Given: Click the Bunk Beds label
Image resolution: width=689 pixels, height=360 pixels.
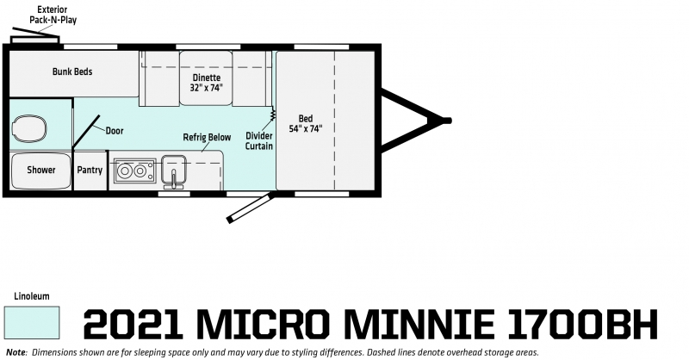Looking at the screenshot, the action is (x=72, y=71).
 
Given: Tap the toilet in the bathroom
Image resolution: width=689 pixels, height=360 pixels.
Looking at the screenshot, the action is (x=28, y=128).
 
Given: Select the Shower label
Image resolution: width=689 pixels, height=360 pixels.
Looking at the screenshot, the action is (x=40, y=170).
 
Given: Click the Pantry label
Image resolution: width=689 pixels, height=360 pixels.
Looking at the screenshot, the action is (x=90, y=171).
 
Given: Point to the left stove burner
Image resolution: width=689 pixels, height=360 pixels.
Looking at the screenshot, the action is (x=125, y=171).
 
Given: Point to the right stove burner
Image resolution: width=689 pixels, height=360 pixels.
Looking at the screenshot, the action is (x=140, y=171).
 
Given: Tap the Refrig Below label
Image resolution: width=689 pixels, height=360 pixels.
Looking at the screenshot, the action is (x=207, y=137).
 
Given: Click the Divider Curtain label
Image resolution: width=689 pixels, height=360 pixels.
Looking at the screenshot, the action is (x=259, y=141).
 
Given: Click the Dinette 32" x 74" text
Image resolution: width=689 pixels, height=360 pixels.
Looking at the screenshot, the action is (x=206, y=83).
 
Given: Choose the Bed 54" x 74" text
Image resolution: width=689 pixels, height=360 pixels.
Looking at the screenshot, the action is (x=306, y=123).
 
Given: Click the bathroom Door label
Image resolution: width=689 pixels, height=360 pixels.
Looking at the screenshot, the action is (x=115, y=131).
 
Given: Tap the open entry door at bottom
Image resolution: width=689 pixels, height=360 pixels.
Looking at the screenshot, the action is (x=251, y=208).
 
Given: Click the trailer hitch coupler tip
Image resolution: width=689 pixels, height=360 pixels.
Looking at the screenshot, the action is (x=446, y=121).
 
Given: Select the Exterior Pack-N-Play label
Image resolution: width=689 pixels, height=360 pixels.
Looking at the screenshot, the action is (x=53, y=15).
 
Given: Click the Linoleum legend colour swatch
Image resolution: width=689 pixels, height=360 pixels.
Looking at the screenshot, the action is (x=32, y=323).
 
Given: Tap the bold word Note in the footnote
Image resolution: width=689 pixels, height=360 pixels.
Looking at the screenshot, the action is (x=16, y=352).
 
